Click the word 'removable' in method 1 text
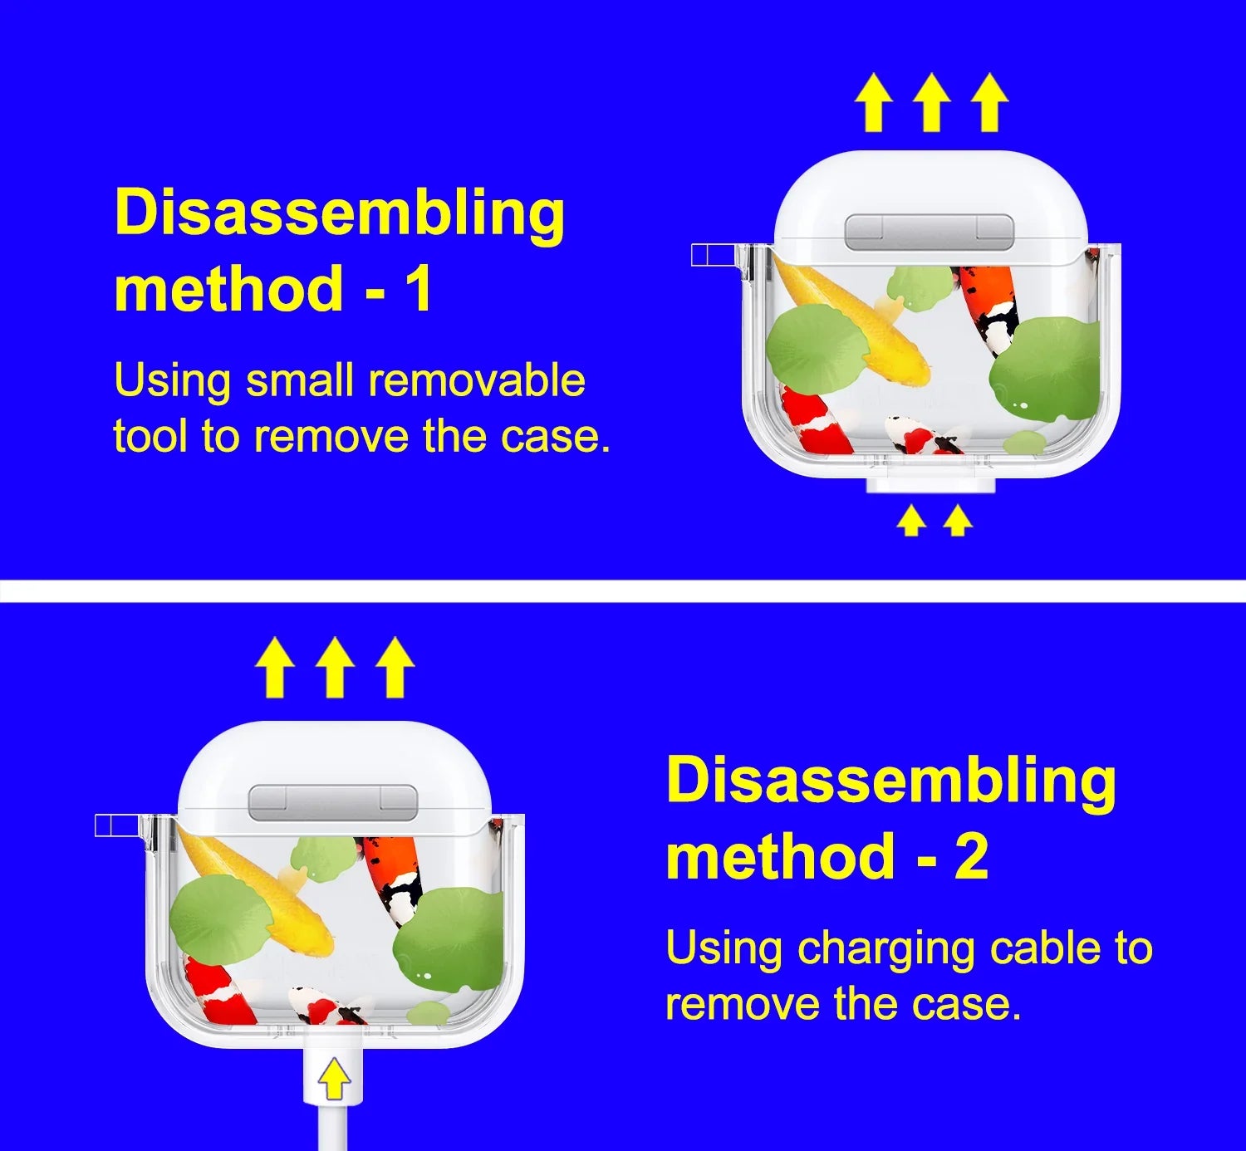coord(477,380)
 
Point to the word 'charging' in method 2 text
coord(886,949)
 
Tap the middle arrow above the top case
coord(931,102)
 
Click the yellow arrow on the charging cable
coord(334,1080)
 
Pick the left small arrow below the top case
coord(911,521)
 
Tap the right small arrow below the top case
coord(958,521)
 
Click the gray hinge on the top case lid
coord(929,231)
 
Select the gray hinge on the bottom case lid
coord(333,801)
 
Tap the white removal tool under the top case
coord(930,485)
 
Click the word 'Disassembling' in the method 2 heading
coord(890,781)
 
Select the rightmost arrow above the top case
coord(989,102)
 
